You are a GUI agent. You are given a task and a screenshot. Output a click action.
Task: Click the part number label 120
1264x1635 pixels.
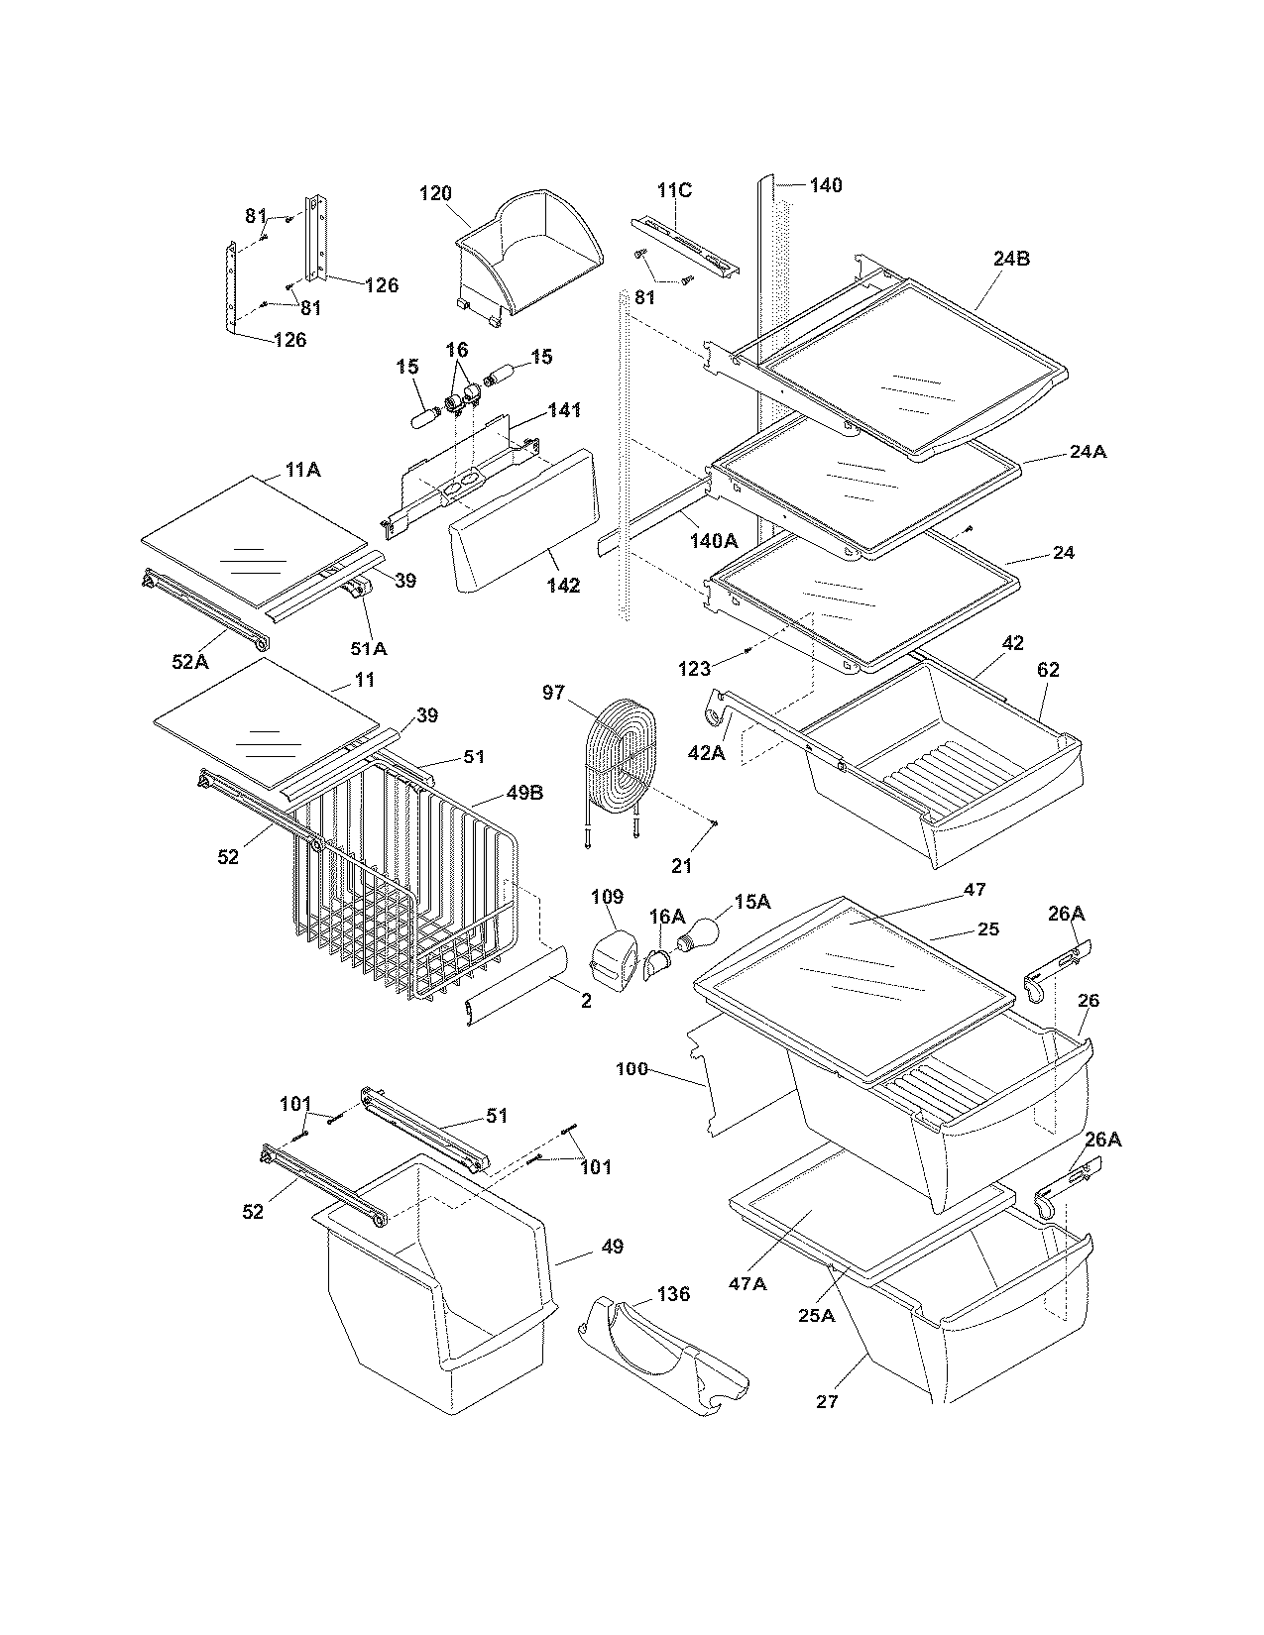[x=435, y=193]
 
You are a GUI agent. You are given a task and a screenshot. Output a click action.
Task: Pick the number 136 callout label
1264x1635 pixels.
[x=673, y=1294]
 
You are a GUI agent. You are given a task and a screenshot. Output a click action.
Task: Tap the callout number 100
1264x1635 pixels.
[x=632, y=1069]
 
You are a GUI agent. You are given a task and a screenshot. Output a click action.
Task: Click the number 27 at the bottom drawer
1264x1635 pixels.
[x=827, y=1401]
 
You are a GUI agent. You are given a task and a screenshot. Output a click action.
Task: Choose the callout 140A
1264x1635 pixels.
[x=714, y=541]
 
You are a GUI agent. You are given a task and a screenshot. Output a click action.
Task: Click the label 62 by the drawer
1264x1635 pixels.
[x=1048, y=670]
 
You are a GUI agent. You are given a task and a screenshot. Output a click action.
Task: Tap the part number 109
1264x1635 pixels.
[x=607, y=897]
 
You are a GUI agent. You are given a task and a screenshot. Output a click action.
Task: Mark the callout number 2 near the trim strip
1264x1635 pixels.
[x=586, y=1001]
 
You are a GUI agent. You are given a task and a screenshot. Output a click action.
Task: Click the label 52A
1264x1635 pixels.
[x=190, y=662]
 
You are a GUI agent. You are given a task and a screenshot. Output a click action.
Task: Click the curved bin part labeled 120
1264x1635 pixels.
[x=530, y=248]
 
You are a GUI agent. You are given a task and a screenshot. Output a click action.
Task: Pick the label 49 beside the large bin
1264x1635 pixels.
[x=612, y=1247]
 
